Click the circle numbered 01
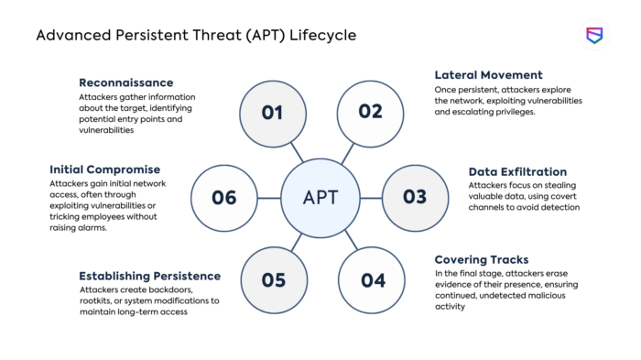pos(272,113)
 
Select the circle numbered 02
pos(370,113)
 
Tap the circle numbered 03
pos(415,197)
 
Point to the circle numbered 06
pos(224,197)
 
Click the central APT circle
pos(320,197)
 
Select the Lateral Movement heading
pos(488,75)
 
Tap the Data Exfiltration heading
pos(517,171)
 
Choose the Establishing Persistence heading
pos(149,276)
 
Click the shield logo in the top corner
pos(594,35)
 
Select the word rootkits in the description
pos(98,301)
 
